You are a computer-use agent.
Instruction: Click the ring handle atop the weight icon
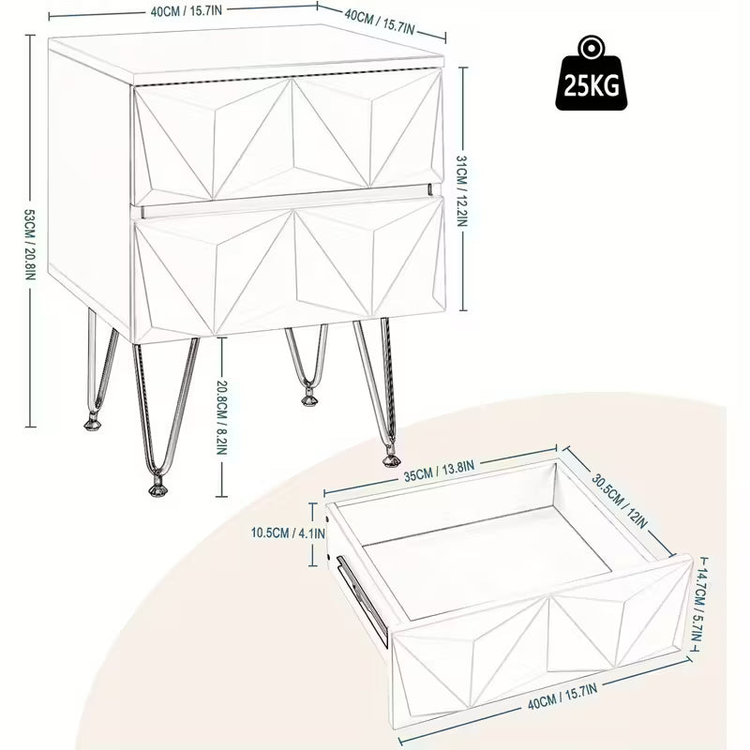[x=591, y=47]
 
